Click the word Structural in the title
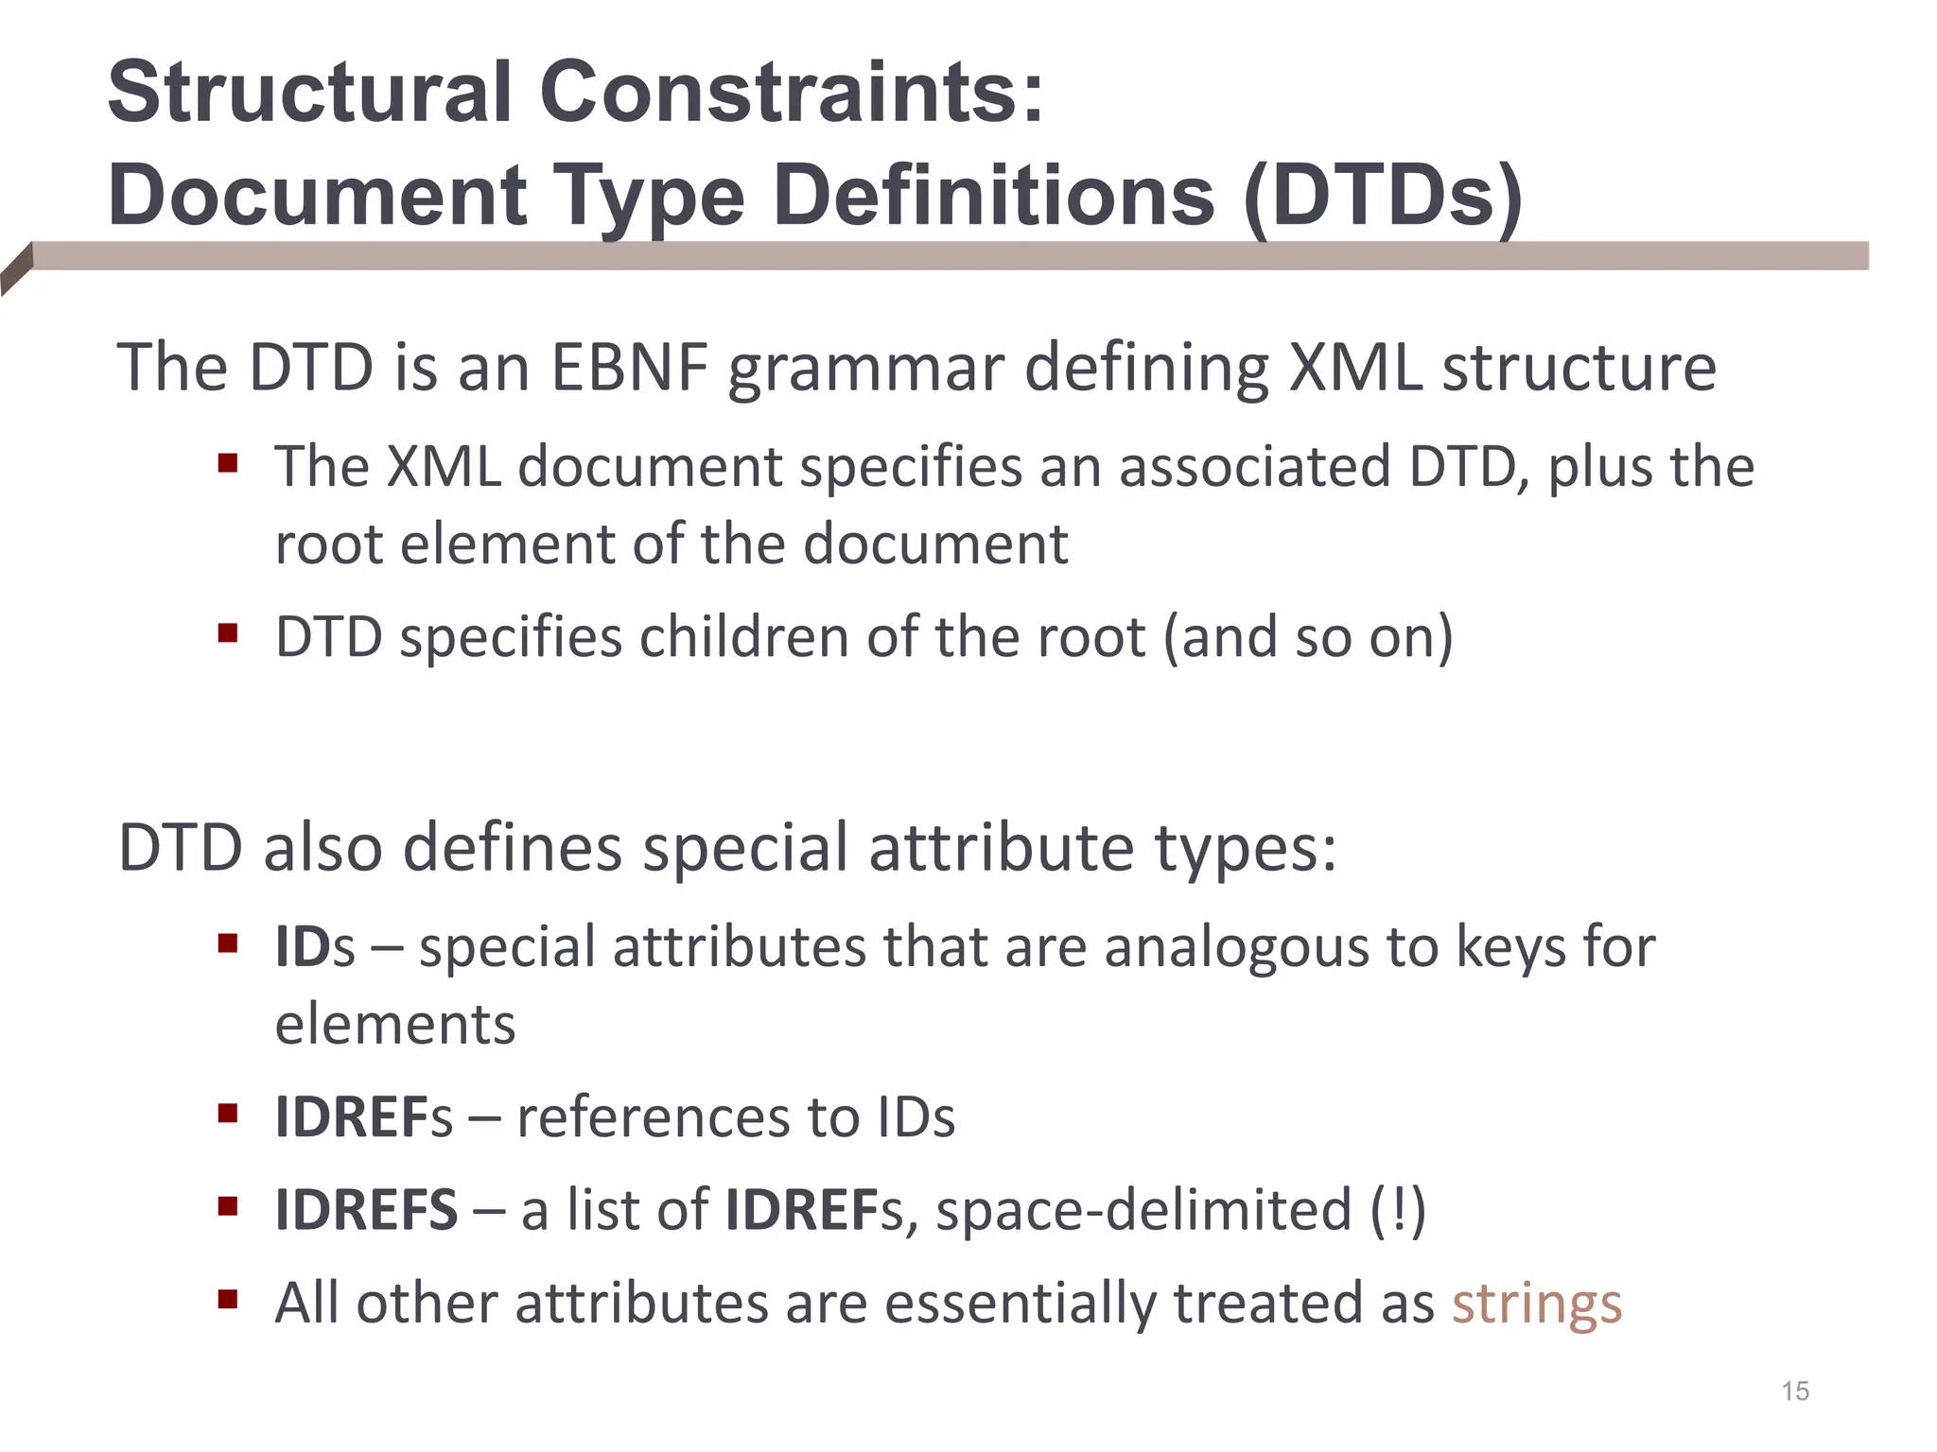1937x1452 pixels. (310, 92)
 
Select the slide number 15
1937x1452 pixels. (1794, 1391)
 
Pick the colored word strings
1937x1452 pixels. (1537, 1304)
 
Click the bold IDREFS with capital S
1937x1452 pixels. (366, 1210)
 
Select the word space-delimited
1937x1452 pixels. (1143, 1210)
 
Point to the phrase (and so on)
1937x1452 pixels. (1307, 637)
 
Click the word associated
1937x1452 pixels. (1254, 466)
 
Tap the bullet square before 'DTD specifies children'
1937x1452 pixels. (227, 631)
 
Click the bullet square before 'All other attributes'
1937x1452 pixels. (227, 1299)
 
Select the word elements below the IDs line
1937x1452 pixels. (394, 1024)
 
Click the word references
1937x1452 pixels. (653, 1117)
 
